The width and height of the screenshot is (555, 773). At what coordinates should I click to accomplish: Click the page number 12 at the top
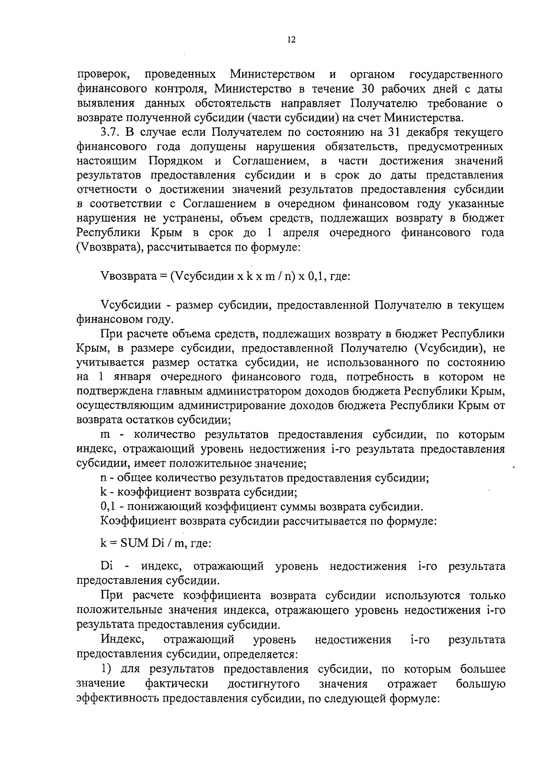pos(291,40)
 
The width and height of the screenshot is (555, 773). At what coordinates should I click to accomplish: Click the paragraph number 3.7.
pos(111,132)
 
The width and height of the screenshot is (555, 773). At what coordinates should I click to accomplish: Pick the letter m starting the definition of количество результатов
pos(105,435)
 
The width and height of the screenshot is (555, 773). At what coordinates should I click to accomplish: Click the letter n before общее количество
pos(104,478)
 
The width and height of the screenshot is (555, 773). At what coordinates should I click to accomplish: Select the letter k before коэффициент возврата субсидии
pos(104,493)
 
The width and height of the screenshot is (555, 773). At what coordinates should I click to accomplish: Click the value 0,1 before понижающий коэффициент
pos(108,507)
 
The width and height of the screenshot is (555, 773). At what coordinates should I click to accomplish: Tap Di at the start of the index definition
pos(106,566)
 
